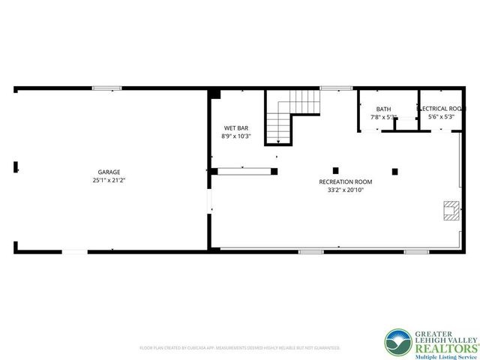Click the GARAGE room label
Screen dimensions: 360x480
pyautogui.click(x=109, y=172)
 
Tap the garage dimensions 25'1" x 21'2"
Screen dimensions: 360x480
pyautogui.click(x=109, y=181)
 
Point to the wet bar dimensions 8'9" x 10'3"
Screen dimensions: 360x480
pyautogui.click(x=235, y=136)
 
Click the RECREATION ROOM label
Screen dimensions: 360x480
pyautogui.click(x=346, y=181)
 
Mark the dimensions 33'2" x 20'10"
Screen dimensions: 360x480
pyautogui.click(x=346, y=190)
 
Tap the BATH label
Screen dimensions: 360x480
pyautogui.click(x=383, y=109)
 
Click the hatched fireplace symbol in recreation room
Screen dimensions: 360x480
pyautogui.click(x=450, y=211)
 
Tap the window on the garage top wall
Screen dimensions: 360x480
pyautogui.click(x=107, y=88)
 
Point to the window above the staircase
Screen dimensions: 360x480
pyautogui.click(x=331, y=88)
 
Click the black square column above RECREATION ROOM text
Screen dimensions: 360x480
pyautogui.click(x=335, y=169)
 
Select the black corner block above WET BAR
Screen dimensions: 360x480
pyautogui.click(x=215, y=94)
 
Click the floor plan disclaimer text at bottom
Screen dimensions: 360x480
pyautogui.click(x=240, y=348)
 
